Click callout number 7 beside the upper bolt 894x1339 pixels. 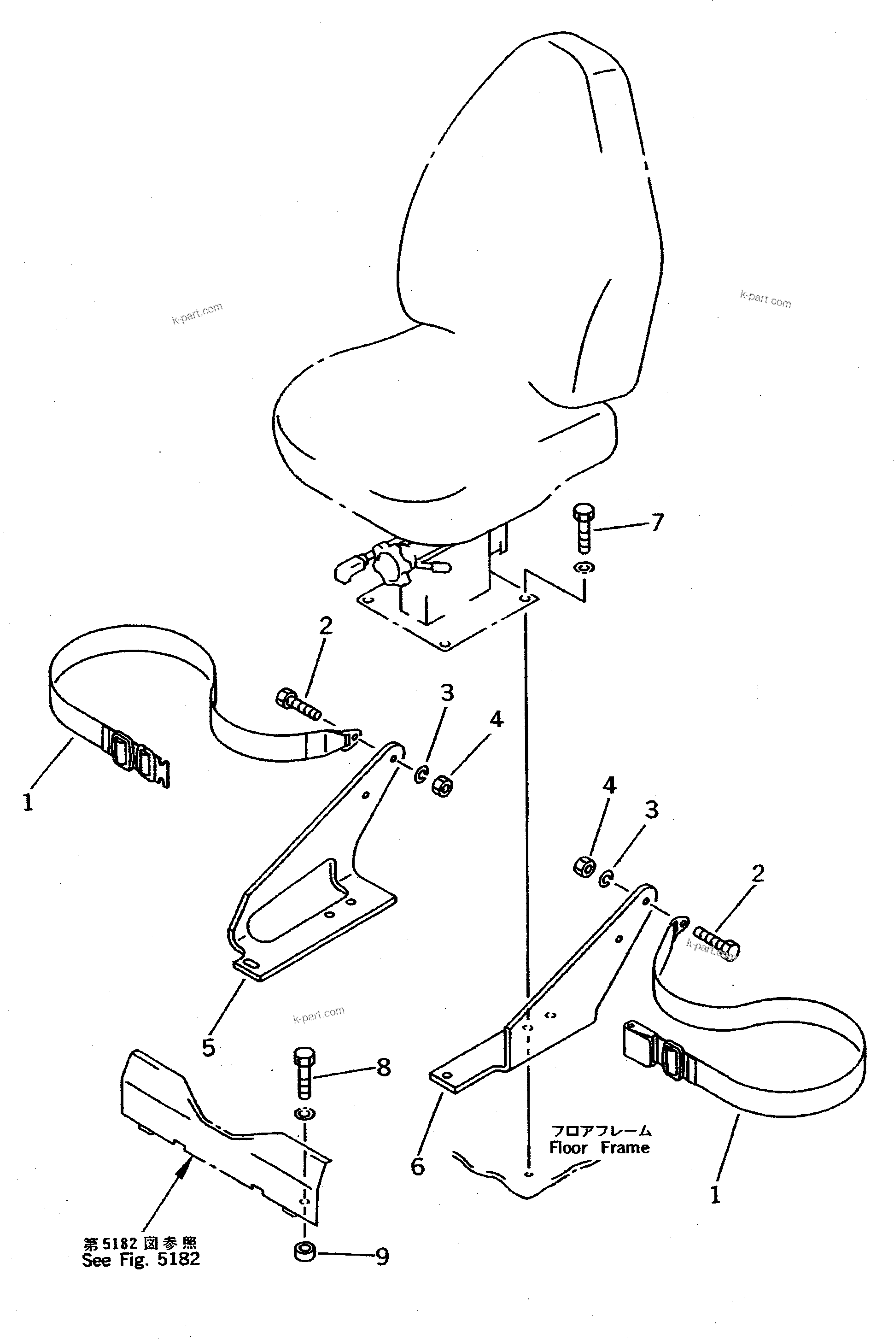coord(657,522)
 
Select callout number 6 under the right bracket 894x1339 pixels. coord(418,1167)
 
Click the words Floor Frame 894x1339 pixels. coord(599,1147)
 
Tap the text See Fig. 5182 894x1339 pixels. coord(141,1259)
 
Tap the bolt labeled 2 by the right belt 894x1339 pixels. coord(717,943)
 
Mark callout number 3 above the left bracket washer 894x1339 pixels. coord(447,693)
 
